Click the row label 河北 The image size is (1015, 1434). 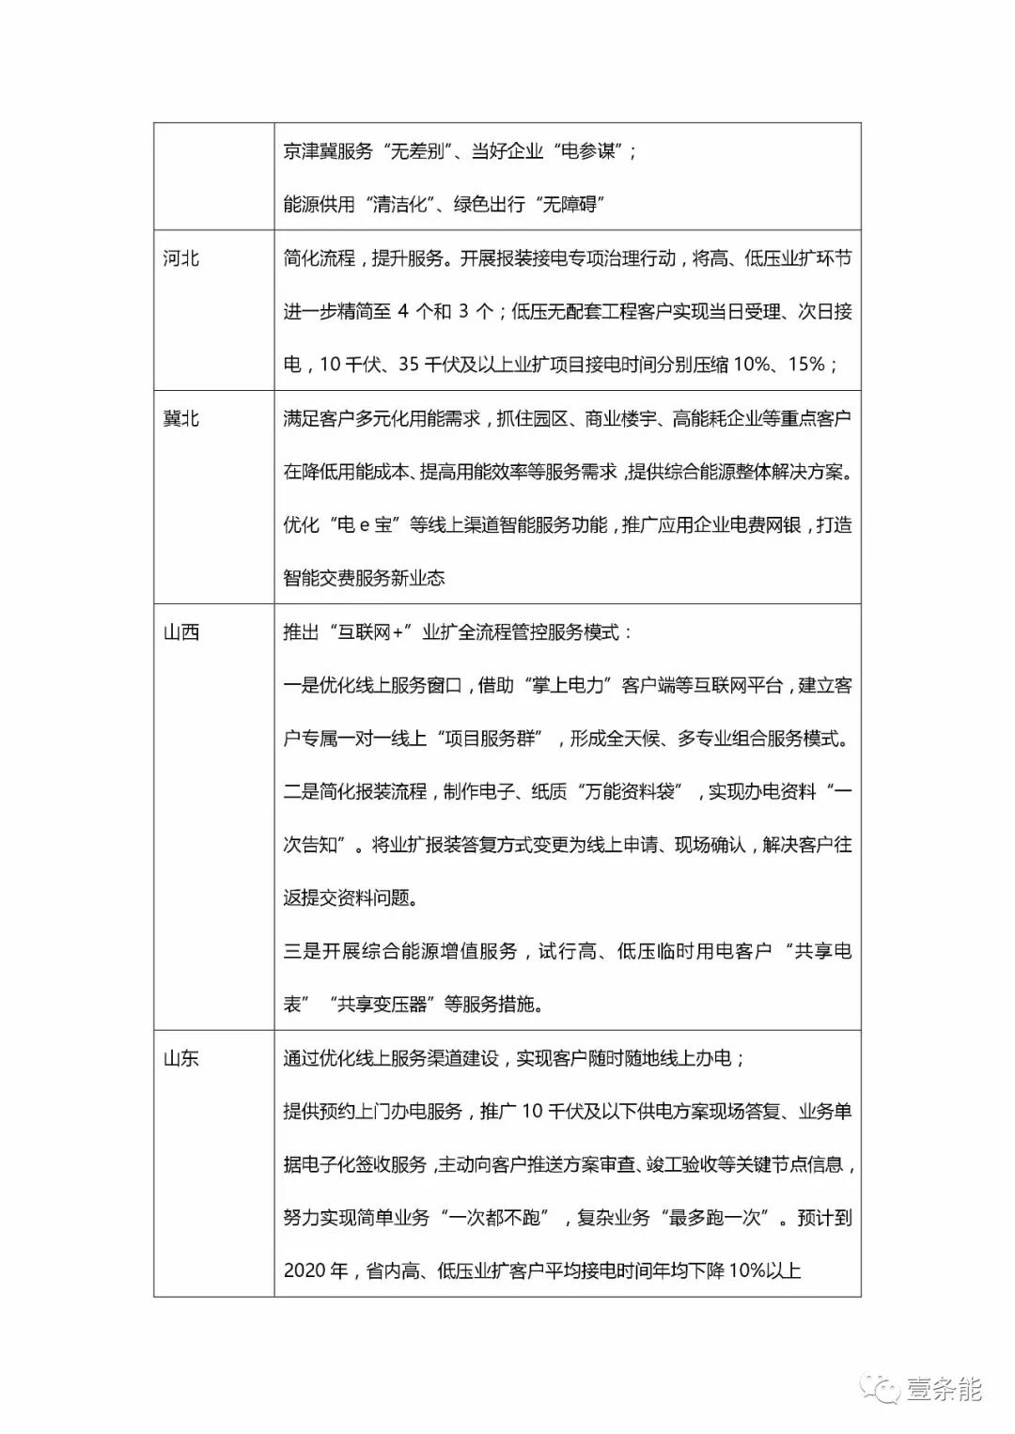pos(180,258)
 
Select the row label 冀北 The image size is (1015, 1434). pos(180,418)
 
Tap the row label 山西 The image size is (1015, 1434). pos(180,632)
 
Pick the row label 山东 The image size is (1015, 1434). pos(180,1058)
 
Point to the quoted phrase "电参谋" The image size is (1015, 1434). pos(588,151)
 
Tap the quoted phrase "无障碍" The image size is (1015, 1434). pos(570,205)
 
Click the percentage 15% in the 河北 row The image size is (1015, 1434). pos(805,365)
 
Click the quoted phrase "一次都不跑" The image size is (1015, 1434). pos(494,1218)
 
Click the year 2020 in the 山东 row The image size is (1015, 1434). pos(304,1271)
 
